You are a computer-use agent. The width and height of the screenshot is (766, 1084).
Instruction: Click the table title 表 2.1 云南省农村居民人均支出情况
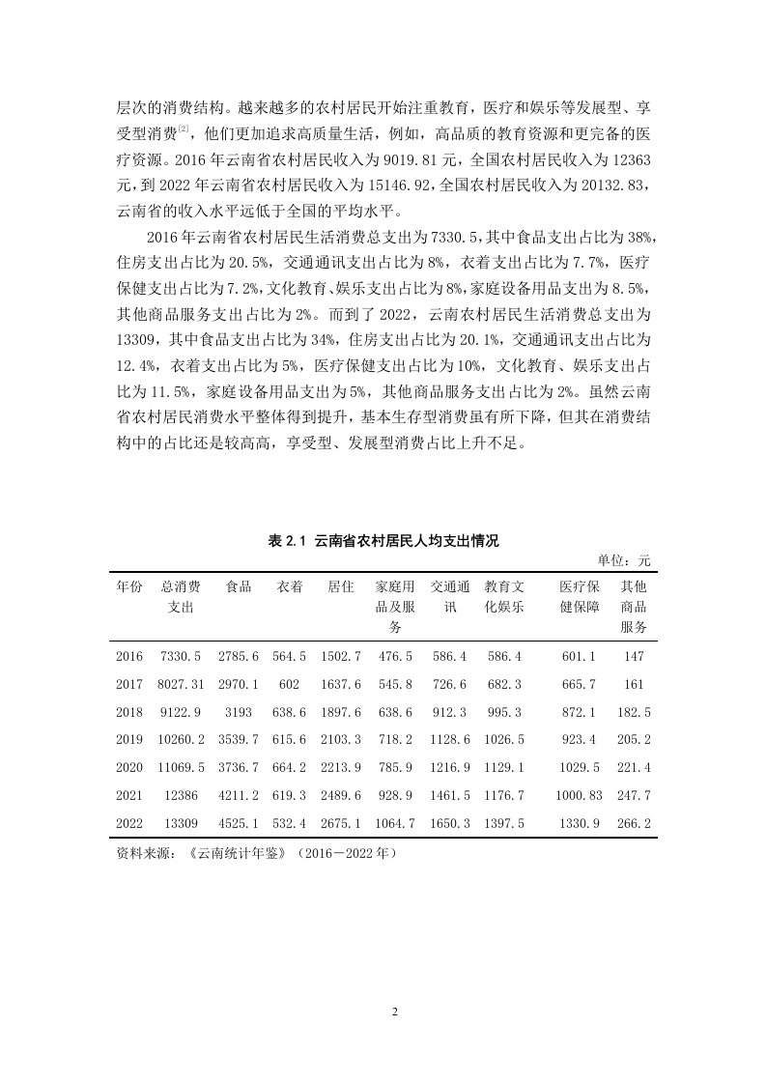(383, 541)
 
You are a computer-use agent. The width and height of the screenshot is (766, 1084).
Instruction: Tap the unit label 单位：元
(624, 560)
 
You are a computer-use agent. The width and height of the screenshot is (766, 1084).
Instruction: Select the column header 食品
(238, 586)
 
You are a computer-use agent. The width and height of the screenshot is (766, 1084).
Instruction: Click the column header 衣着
(290, 586)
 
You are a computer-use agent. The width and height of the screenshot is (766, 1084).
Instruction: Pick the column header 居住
(340, 586)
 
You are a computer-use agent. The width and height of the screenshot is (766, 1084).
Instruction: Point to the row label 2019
(129, 739)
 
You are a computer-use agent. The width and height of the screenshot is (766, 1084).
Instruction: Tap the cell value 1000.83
(579, 795)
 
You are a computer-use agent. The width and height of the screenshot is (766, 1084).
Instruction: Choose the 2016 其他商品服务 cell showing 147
(634, 656)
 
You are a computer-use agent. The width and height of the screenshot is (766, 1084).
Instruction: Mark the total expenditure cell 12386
(181, 795)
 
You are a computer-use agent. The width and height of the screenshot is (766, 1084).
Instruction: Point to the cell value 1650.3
(449, 823)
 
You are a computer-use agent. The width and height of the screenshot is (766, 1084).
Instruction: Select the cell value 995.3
(503, 712)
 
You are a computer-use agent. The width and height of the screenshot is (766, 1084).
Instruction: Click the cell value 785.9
(394, 767)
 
